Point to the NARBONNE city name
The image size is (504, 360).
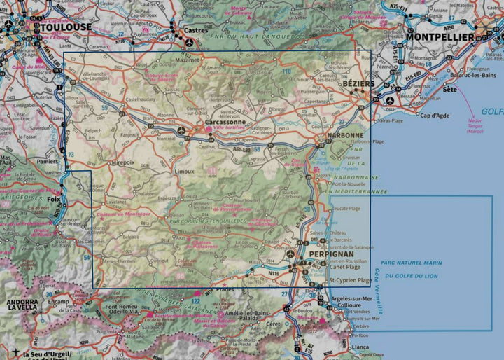[x=347, y=134]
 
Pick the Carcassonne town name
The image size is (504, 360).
[x=225, y=121]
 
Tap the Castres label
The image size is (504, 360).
[x=197, y=32]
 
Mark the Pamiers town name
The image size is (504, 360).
[x=50, y=161]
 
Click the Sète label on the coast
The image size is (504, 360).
[x=449, y=90]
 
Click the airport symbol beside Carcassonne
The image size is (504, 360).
[x=182, y=130]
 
